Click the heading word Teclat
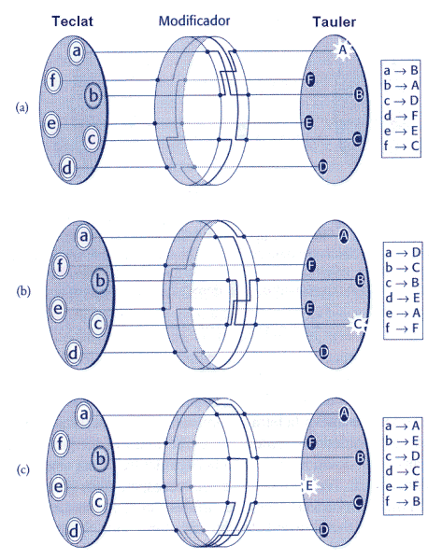pos(73,21)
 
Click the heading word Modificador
pos(194,21)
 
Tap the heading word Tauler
pos(335,21)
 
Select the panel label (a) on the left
pos(22,107)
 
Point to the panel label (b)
pos(23,291)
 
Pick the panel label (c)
pos(22,469)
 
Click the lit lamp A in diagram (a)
pos(343,50)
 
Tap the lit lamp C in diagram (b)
pos(358,324)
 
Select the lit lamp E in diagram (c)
pos(310,485)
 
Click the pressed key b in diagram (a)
pos(93,95)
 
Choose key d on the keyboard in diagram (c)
pos(74,531)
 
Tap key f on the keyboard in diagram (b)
pos(61,266)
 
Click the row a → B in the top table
pos(401,71)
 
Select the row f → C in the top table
pos(401,146)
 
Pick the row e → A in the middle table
pos(403,313)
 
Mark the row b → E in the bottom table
pos(402,441)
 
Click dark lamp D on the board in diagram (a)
pos(322,166)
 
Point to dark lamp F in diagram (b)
pos(311,265)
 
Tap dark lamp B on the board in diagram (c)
pos(361,457)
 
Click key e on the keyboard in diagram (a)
pos(52,124)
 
